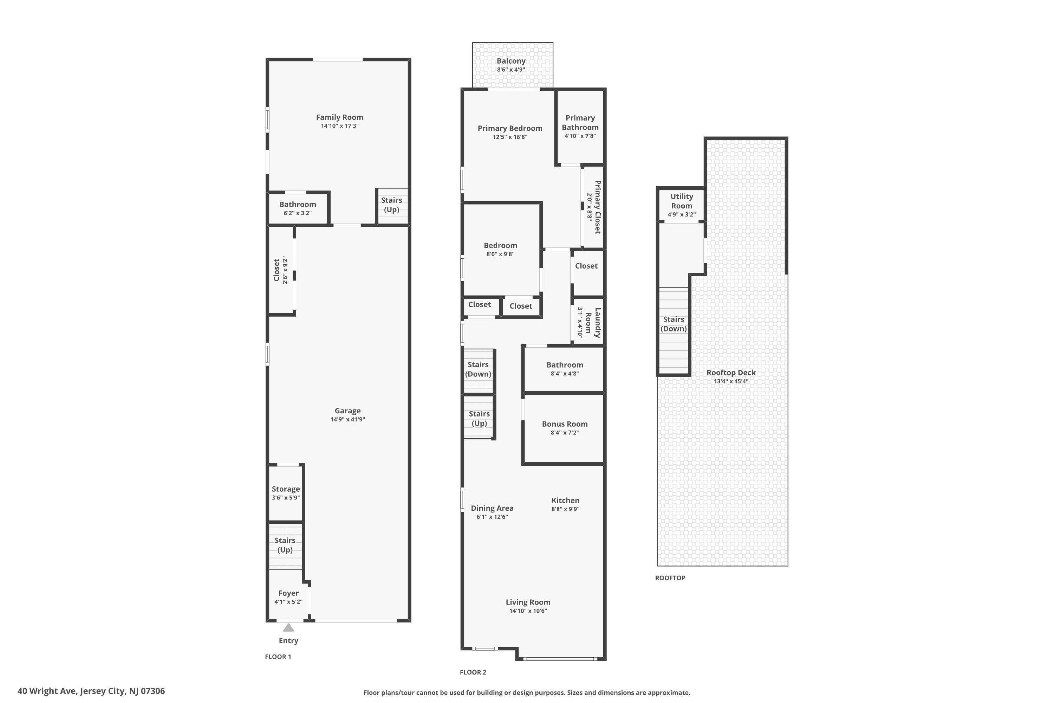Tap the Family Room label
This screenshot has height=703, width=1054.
tap(340, 117)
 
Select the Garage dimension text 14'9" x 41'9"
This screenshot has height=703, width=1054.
tap(348, 420)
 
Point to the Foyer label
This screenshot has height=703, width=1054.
tap(288, 593)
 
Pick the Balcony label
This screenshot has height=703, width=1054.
tap(511, 61)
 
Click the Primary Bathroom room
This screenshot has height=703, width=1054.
tap(580, 127)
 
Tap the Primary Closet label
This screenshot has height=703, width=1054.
tap(597, 207)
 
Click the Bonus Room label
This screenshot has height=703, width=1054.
tap(565, 424)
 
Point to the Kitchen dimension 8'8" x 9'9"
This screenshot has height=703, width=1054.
tap(566, 509)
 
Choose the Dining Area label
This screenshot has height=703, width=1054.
tap(492, 508)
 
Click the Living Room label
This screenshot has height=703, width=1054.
tap(528, 602)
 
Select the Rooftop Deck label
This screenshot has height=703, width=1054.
tap(731, 373)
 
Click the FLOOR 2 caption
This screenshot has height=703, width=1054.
tap(473, 672)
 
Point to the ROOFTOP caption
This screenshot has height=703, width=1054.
tap(670, 578)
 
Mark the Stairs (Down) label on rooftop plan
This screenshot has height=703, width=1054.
tap(674, 324)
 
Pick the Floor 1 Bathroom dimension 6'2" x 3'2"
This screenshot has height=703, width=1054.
tap(298, 213)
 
